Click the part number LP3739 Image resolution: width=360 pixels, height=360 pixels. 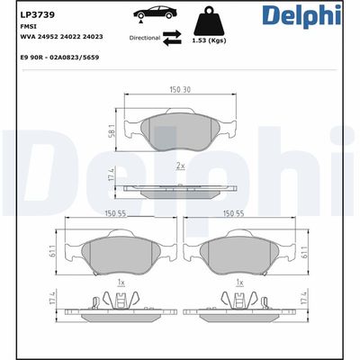pos(31,13)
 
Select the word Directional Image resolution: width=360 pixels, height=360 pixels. pos(145,39)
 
